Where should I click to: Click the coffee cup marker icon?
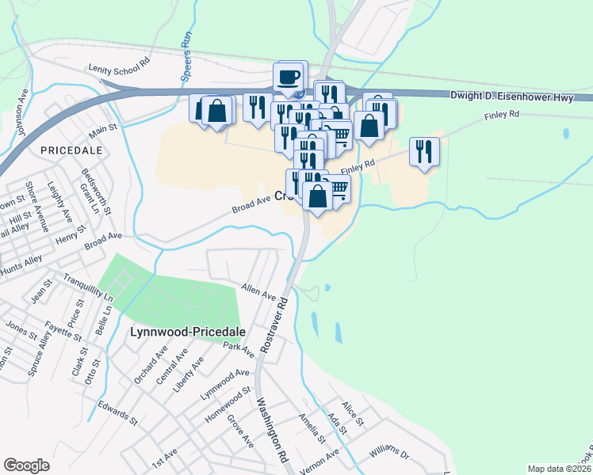tap(289, 78)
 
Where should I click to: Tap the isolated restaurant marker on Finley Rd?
tap(424, 150)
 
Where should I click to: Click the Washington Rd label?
tap(270, 428)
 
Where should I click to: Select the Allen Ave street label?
tap(258, 291)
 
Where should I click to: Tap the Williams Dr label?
tap(388, 454)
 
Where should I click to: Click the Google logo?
tap(26, 465)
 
